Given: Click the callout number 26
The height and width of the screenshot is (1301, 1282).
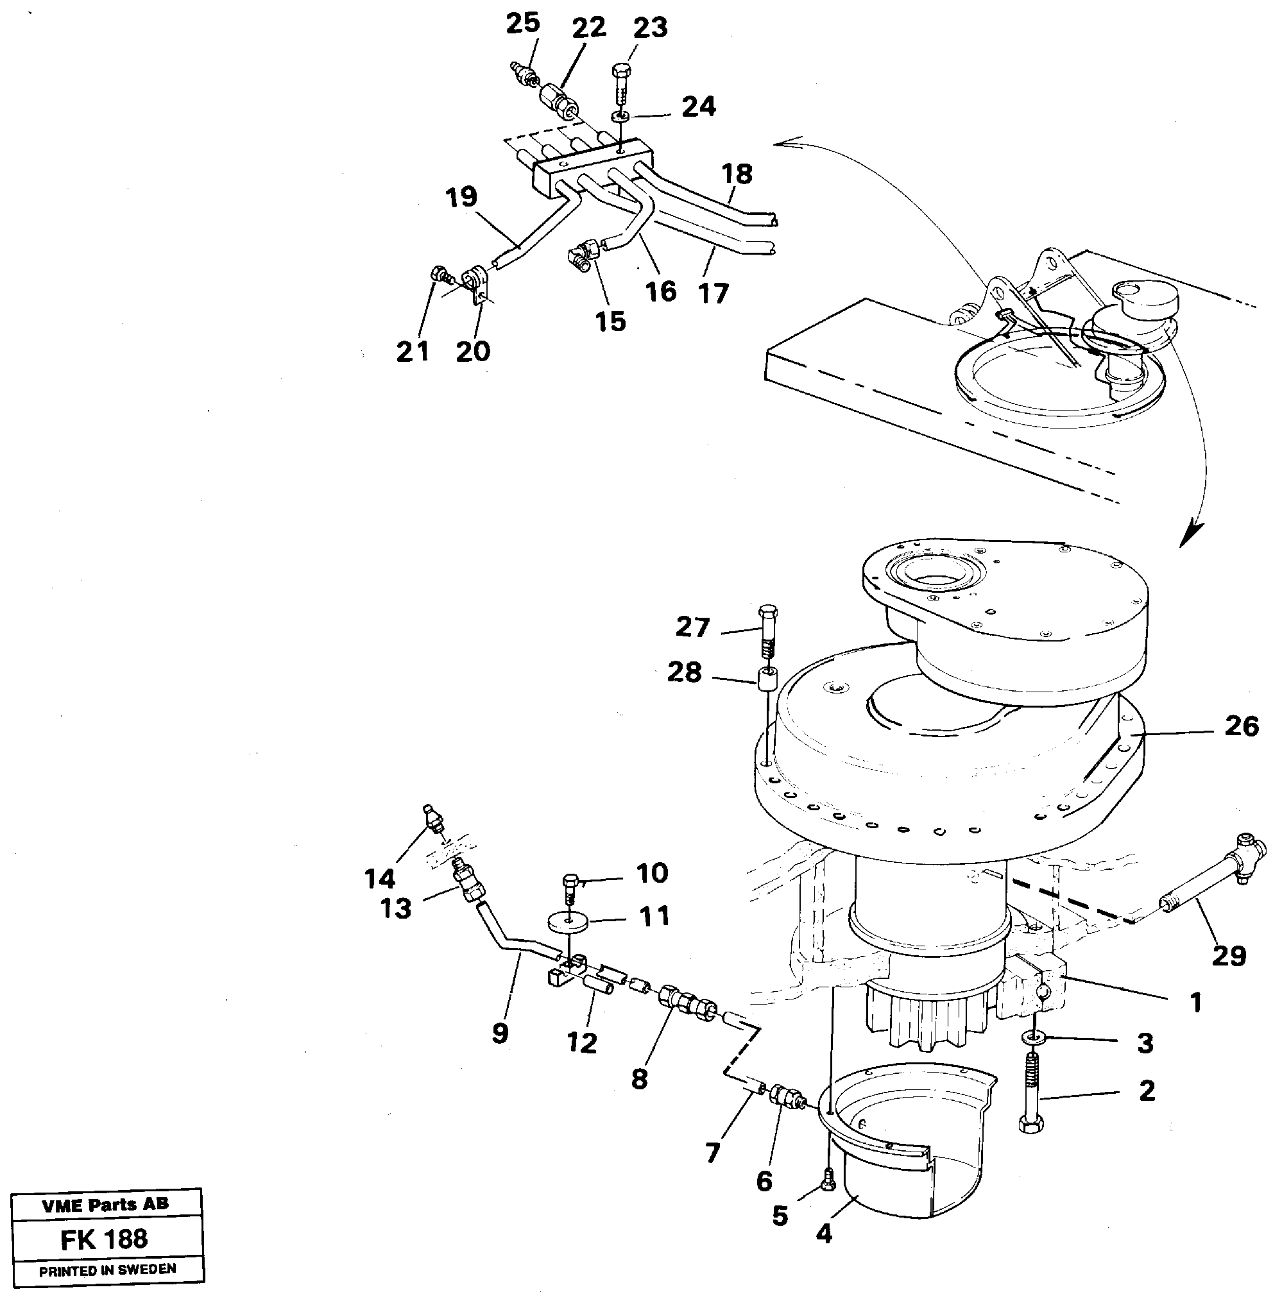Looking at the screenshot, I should point(1241,726).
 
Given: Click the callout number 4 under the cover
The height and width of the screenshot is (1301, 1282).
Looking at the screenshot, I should point(824,1233).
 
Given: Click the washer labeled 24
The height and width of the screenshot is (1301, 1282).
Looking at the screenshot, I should point(620,117).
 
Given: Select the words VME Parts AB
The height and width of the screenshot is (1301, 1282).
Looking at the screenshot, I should point(106,1204).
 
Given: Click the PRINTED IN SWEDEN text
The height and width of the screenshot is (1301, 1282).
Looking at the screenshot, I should point(108,1270).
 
